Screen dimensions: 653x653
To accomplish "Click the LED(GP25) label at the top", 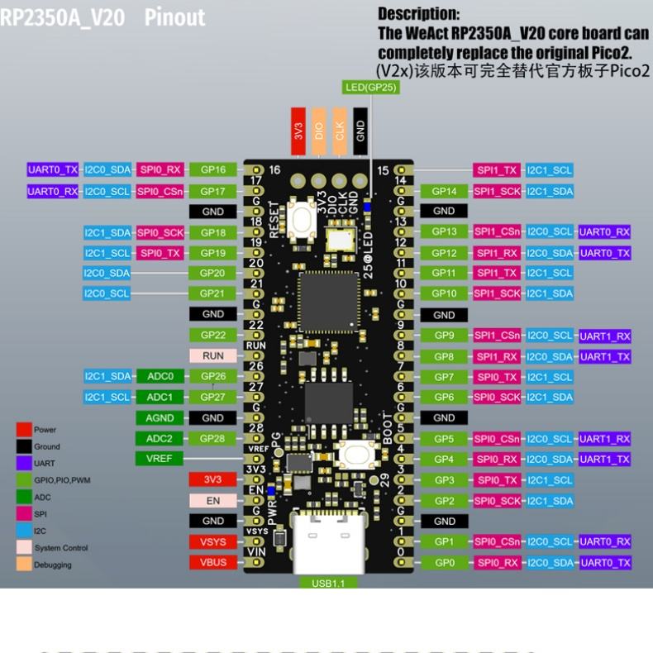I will [x=370, y=87].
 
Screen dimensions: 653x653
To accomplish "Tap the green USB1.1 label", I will [x=323, y=582].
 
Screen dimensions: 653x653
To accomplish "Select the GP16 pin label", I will [x=212, y=169].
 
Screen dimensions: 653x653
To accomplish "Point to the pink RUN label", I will [x=212, y=355].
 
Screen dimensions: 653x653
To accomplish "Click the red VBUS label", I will [x=212, y=562].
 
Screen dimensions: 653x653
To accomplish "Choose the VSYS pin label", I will [x=212, y=541].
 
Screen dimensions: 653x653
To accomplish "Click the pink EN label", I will [x=212, y=500].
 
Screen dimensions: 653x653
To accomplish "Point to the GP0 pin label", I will [x=444, y=562].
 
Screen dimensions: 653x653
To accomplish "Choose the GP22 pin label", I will [x=212, y=335].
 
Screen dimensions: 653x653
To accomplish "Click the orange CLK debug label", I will [x=339, y=131].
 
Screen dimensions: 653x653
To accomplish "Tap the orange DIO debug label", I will [x=318, y=131].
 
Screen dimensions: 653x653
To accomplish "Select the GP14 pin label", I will [x=444, y=191].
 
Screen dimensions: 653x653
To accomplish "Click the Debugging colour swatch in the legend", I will [x=24, y=565].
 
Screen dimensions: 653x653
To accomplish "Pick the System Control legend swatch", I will [x=24, y=547].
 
